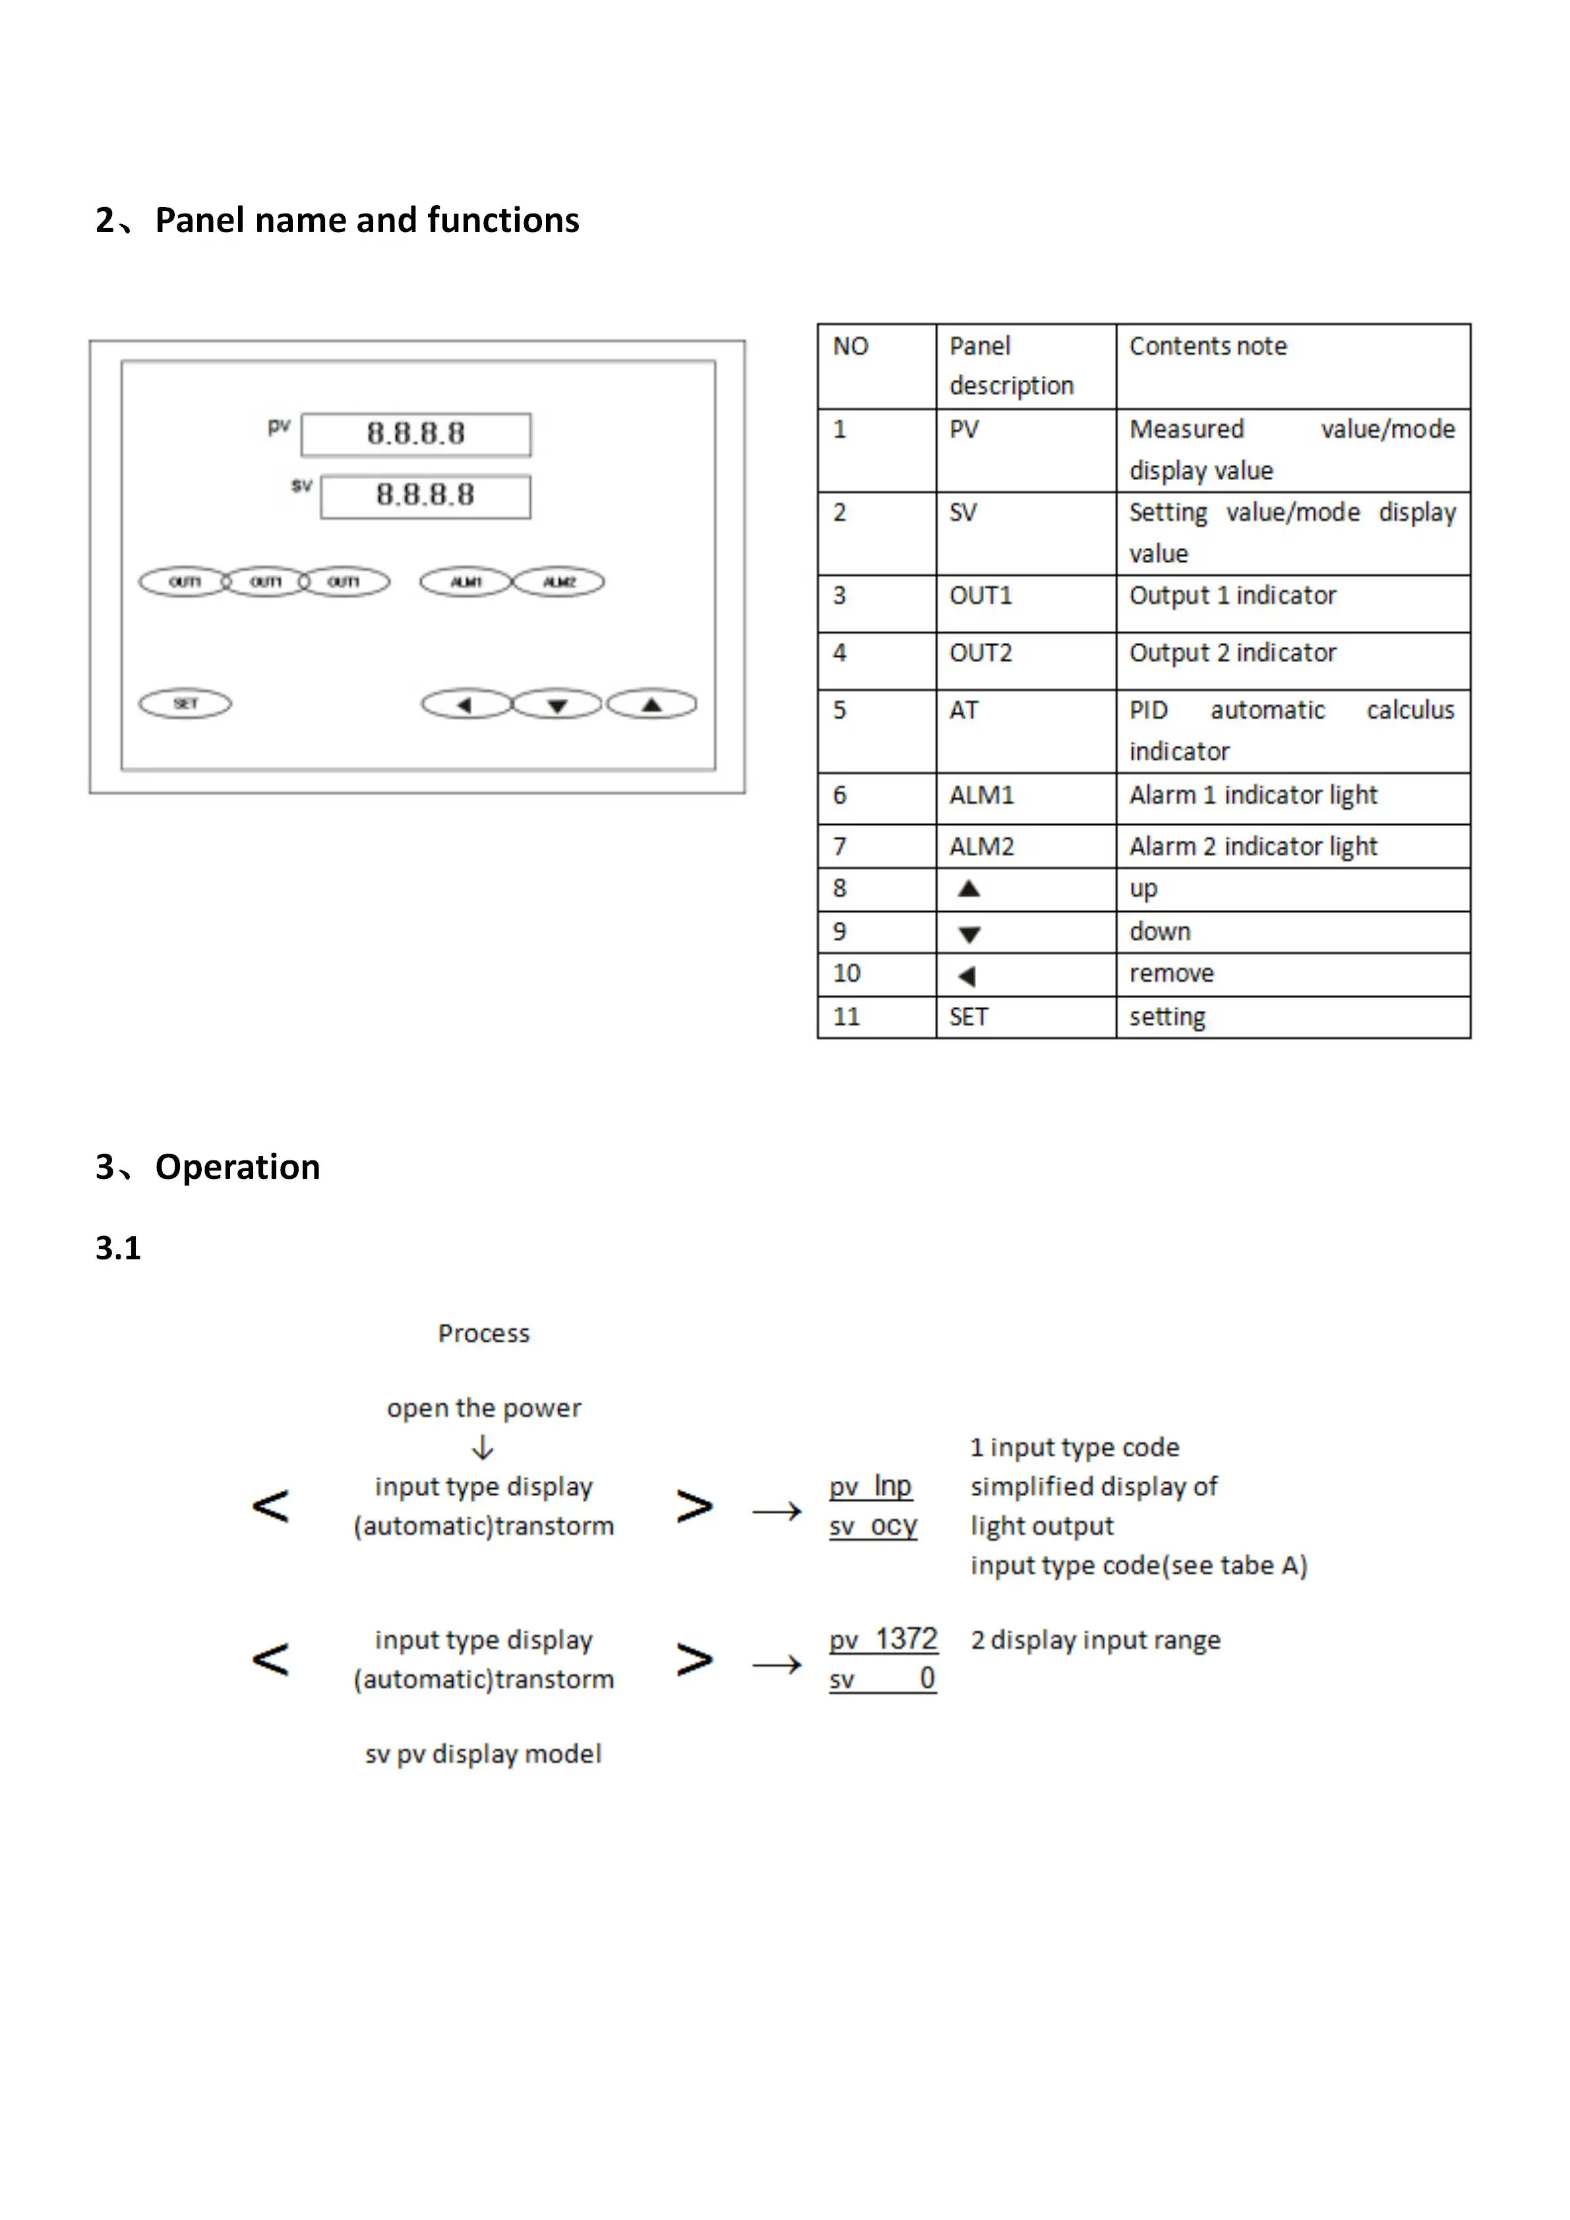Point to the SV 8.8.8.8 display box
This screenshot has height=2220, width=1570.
[x=425, y=496]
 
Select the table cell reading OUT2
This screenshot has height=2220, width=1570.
[x=981, y=653]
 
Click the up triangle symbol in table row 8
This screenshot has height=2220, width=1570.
[x=969, y=889]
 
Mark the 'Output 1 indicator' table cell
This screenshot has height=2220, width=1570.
[x=1232, y=595]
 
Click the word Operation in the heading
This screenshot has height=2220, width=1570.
[x=238, y=1166]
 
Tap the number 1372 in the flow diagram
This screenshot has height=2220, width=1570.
[x=906, y=1639]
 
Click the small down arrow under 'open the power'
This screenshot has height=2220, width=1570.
[x=483, y=1447]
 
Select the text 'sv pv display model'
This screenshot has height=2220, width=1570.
[x=483, y=1754]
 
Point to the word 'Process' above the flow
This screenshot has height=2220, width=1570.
[x=483, y=1333]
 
